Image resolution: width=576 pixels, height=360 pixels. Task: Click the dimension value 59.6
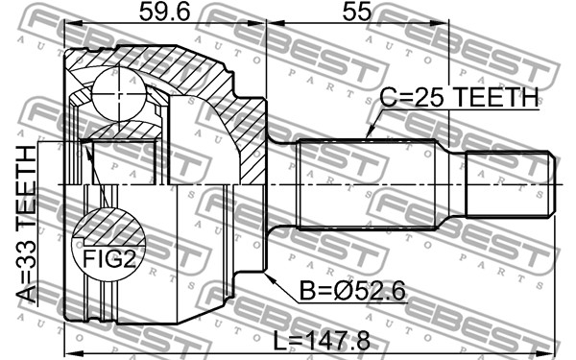164,12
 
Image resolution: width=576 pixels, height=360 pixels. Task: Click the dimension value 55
357,12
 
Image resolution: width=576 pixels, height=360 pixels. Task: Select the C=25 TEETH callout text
459,97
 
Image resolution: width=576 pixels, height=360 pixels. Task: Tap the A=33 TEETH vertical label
27,224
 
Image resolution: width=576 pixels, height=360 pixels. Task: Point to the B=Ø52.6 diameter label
352,291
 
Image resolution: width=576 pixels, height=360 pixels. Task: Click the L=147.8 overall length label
322,341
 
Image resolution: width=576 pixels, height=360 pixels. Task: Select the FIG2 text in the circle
109,258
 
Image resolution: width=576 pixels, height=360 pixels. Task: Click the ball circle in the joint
119,94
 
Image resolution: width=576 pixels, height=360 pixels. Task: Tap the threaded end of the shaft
511,183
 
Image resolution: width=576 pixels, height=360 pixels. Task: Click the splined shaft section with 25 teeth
368,184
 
